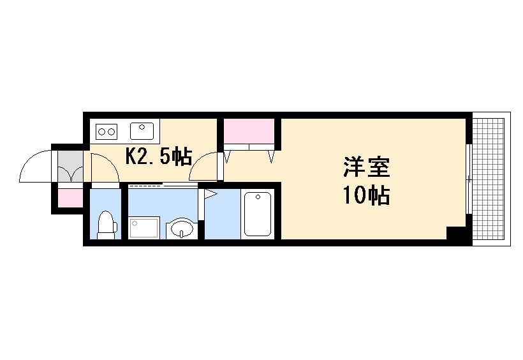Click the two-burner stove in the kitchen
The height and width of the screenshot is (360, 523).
(106, 132)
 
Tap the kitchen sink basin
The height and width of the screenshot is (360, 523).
(142, 131)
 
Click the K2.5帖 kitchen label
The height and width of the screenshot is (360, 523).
(158, 156)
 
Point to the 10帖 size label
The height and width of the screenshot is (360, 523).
(366, 196)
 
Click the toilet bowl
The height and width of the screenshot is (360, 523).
(107, 225)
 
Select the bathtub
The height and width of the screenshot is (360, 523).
(258, 214)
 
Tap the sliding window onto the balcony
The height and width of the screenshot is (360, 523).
(469, 180)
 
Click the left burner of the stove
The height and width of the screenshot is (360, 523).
(101, 132)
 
